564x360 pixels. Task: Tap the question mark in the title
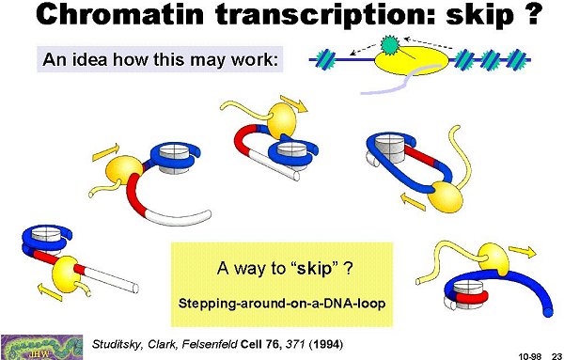(x=531, y=14)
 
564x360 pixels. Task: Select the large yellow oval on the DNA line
(x=412, y=61)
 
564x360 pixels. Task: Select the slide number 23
(x=556, y=356)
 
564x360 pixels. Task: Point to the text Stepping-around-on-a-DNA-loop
(x=282, y=304)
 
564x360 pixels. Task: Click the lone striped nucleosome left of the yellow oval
(x=325, y=59)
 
